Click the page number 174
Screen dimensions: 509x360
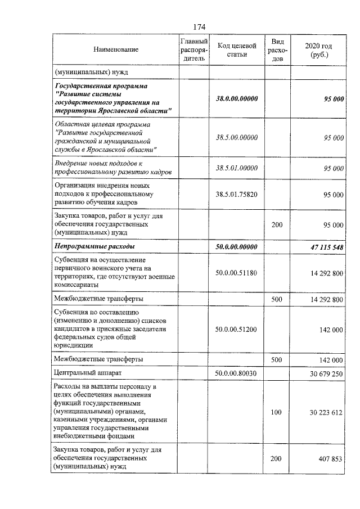[199, 27]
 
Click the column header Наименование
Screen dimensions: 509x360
[116, 50]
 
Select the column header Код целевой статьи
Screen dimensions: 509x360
[237, 50]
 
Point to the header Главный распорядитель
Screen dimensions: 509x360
[194, 50]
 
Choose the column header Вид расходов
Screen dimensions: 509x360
[277, 50]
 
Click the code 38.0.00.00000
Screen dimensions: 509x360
[237, 99]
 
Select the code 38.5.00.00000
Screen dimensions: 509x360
[237, 137]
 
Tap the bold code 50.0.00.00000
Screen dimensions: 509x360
[237, 247]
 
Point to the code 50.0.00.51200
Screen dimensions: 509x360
[237, 330]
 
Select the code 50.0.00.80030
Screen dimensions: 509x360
[237, 373]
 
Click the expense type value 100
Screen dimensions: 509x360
[276, 412]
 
